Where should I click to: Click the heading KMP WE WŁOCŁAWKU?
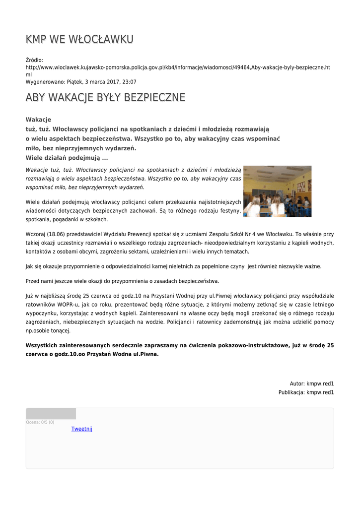(x=79, y=39)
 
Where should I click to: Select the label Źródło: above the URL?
(x=34, y=60)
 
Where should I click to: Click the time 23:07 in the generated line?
(x=130, y=82)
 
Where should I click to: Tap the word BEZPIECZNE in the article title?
(x=154, y=97)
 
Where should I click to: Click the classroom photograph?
(x=277, y=191)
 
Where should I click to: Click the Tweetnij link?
(x=82, y=429)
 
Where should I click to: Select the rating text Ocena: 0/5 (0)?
(x=40, y=422)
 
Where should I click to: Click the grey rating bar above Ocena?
(x=51, y=414)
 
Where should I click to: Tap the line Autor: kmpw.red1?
(x=311, y=383)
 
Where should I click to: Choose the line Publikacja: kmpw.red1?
(x=306, y=392)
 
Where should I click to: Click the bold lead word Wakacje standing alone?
(x=38, y=120)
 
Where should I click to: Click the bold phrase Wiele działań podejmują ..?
(x=63, y=158)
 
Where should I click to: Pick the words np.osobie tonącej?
(x=48, y=330)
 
